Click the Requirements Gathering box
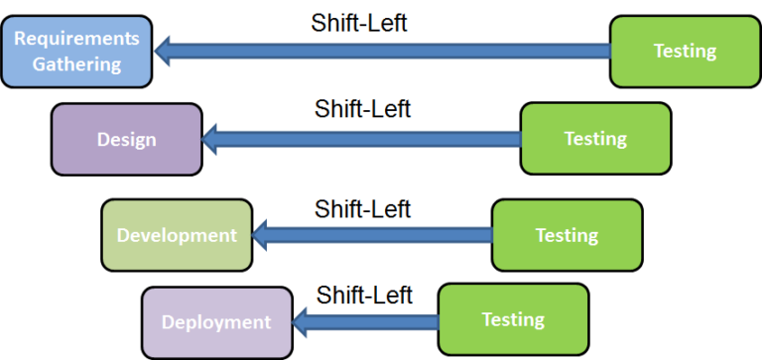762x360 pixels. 76,52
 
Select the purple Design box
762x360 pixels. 126,139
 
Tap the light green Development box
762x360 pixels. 177,235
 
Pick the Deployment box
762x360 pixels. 216,321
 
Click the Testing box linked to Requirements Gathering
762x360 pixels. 685,52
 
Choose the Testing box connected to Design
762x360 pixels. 595,139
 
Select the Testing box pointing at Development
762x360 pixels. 567,235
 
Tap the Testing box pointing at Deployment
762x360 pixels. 513,319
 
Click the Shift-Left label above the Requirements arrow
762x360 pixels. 359,22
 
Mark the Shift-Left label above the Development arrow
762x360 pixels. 363,209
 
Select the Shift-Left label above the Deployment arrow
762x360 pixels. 364,295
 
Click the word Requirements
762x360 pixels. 76,40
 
